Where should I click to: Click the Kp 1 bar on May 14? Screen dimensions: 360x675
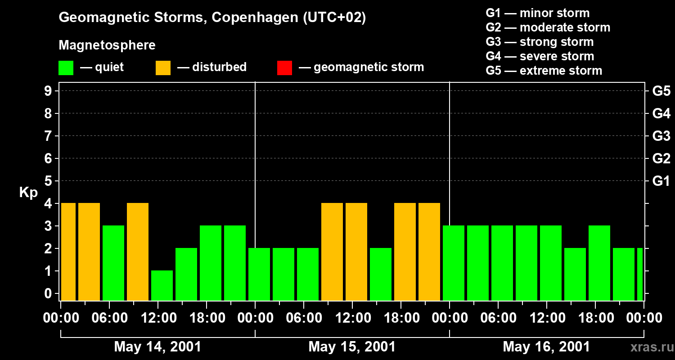coord(162,285)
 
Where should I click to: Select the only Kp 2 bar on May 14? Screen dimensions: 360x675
coord(186,274)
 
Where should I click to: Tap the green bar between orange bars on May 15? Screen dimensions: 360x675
coord(381,274)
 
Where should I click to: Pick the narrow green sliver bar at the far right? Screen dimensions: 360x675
coord(640,274)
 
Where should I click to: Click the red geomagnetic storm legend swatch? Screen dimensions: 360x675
coord(284,67)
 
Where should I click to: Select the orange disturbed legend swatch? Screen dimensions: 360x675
coord(163,67)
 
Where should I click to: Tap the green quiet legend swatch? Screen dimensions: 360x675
coord(66,67)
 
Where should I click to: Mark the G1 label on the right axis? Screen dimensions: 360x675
coord(661,181)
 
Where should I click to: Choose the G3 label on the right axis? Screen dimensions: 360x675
coord(661,136)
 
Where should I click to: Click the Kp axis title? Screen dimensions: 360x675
coord(28,193)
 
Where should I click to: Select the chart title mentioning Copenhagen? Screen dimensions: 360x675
coord(212,18)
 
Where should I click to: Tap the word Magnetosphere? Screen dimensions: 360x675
coord(107,45)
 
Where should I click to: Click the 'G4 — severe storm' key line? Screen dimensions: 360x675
coord(540,56)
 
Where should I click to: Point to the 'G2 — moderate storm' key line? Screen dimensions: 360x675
coord(548,27)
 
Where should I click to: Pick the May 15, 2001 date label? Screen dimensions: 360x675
coord(352,346)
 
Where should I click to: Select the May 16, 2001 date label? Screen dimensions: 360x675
coord(546,346)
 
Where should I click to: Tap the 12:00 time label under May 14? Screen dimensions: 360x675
coord(158,318)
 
